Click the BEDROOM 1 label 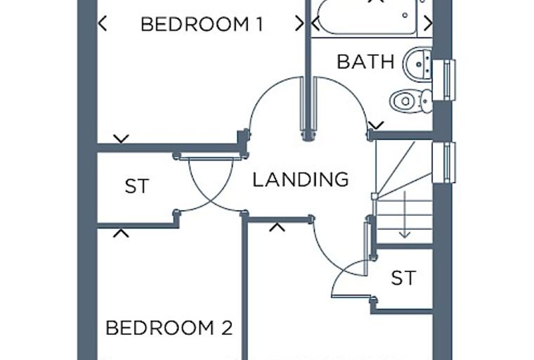click(202, 24)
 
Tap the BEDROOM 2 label click(169, 328)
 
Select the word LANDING click(301, 179)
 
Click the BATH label click(365, 62)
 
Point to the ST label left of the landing click(137, 186)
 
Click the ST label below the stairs click(403, 278)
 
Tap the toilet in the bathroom click(411, 101)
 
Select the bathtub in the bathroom click(367, 16)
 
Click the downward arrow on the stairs click(405, 214)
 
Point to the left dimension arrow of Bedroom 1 click(103, 23)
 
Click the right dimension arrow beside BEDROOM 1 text click(299, 23)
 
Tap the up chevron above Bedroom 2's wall click(121, 233)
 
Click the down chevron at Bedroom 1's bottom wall click(122, 139)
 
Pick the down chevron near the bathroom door click(377, 125)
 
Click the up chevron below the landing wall click(277, 227)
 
